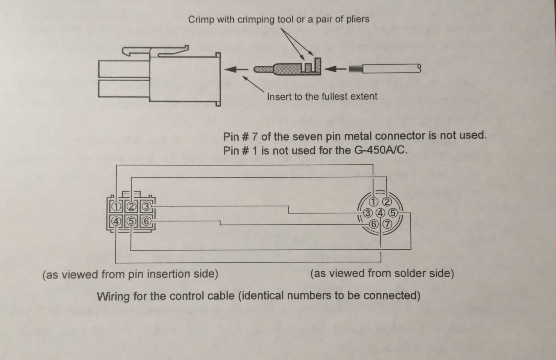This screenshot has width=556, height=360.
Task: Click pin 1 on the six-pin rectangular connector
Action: coord(116,207)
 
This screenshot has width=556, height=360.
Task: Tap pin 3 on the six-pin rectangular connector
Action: coord(146,207)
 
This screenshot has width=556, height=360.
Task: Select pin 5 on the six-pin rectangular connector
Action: coord(131,221)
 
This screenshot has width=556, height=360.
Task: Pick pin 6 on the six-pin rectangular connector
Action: coord(146,221)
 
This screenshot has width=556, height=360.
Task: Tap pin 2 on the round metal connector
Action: coord(387,202)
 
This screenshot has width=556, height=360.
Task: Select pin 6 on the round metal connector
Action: coord(374,224)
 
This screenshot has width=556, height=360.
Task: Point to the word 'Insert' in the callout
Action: coord(279,97)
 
